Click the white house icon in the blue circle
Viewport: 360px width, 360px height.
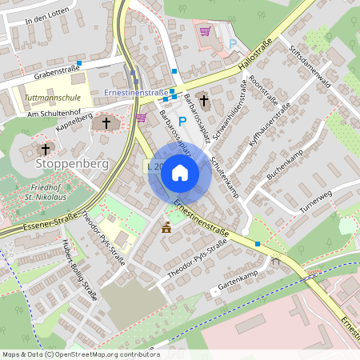(180, 172)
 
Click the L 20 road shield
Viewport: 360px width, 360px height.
(155, 167)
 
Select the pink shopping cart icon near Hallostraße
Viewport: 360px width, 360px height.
(205, 32)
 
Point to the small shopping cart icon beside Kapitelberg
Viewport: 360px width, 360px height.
(142, 118)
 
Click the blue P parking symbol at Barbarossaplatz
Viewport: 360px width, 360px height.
(182, 122)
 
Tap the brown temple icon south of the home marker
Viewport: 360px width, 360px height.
(166, 228)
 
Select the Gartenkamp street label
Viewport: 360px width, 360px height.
(238, 285)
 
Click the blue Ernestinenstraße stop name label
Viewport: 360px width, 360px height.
(135, 94)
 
